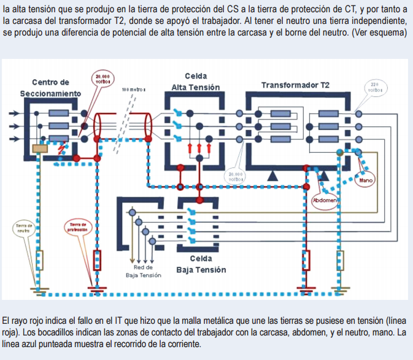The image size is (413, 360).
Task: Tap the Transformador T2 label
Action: [295, 85]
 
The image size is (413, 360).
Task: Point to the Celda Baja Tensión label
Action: [201, 264]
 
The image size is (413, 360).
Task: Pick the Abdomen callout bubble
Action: [325, 201]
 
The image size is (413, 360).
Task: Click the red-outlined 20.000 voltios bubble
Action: [102, 79]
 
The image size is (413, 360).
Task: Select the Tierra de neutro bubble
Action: [24, 229]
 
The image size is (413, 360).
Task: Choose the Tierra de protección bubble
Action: [78, 228]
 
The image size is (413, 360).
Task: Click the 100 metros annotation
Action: [134, 90]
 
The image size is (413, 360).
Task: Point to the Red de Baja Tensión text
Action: [143, 271]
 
